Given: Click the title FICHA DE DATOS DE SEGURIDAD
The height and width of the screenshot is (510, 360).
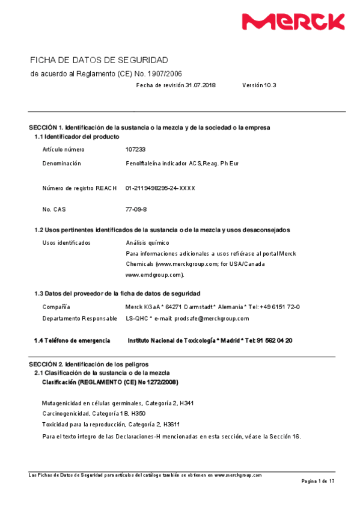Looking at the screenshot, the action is (x=99, y=60).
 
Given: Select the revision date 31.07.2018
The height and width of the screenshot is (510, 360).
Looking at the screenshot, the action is (x=200, y=85).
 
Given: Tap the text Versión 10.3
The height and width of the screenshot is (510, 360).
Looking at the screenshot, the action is (x=259, y=85).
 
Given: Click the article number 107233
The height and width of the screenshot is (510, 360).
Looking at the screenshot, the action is (x=135, y=149).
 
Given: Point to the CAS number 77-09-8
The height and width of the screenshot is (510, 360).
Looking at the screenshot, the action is (x=136, y=209).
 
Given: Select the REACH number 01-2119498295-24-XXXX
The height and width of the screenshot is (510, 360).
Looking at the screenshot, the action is (x=160, y=188).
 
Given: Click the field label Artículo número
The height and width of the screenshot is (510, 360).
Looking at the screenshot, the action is (x=64, y=149).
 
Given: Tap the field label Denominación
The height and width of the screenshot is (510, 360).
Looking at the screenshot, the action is (x=62, y=163).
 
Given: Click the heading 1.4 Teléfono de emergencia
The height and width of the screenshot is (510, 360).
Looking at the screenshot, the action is (x=72, y=340).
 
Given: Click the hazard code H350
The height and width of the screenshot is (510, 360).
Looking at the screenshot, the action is (x=138, y=414).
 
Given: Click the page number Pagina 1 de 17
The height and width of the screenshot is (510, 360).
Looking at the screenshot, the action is (x=317, y=482).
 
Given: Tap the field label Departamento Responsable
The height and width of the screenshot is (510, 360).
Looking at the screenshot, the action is (x=80, y=318).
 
